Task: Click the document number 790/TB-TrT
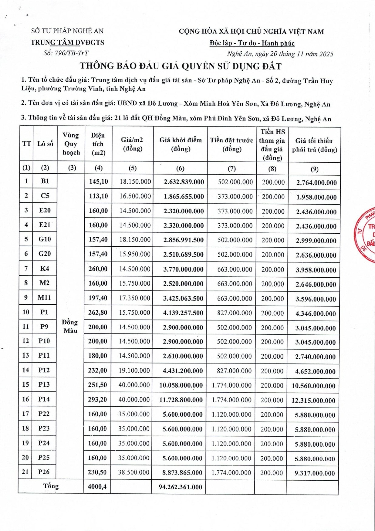tap(66, 53)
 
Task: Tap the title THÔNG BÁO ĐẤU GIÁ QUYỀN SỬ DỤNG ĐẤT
tap(181, 66)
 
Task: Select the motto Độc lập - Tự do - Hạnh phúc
tap(252, 43)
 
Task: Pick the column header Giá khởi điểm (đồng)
tap(181, 144)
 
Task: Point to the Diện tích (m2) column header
tap(98, 144)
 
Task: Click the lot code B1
tap(45, 181)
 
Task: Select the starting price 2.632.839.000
tap(184, 182)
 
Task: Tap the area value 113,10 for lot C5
tap(98, 196)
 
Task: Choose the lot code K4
tap(44, 269)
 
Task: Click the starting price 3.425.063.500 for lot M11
tap(183, 299)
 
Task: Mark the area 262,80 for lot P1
tap(98, 313)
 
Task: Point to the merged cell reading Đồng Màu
tap(70, 326)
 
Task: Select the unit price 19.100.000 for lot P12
tap(134, 370)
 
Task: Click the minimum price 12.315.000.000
tap(313, 401)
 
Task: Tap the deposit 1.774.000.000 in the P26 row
tap(231, 473)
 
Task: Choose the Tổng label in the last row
tap(51, 486)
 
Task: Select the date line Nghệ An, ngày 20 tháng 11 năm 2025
tap(280, 54)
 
